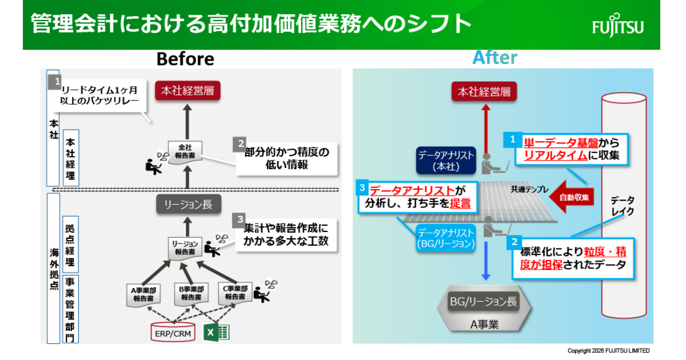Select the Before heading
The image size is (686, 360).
(185, 59)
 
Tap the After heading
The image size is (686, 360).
(495, 58)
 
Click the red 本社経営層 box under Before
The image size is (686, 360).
(188, 91)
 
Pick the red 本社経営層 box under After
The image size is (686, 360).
(484, 91)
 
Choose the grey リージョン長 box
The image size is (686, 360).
(188, 204)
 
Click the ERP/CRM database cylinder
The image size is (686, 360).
(173, 332)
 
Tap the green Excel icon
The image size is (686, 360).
(217, 333)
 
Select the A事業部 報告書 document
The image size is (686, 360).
(143, 295)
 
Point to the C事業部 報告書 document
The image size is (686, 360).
(235, 293)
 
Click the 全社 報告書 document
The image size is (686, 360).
(185, 152)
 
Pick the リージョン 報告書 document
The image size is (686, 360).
(185, 249)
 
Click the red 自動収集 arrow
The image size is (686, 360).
(572, 197)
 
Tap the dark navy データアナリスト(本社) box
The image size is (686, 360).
(446, 161)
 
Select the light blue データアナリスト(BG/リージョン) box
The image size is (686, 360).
(445, 238)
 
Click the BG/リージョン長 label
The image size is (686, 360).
(484, 302)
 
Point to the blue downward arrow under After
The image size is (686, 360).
(486, 261)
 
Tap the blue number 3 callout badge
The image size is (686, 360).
(362, 187)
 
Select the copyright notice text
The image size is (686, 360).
(608, 351)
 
